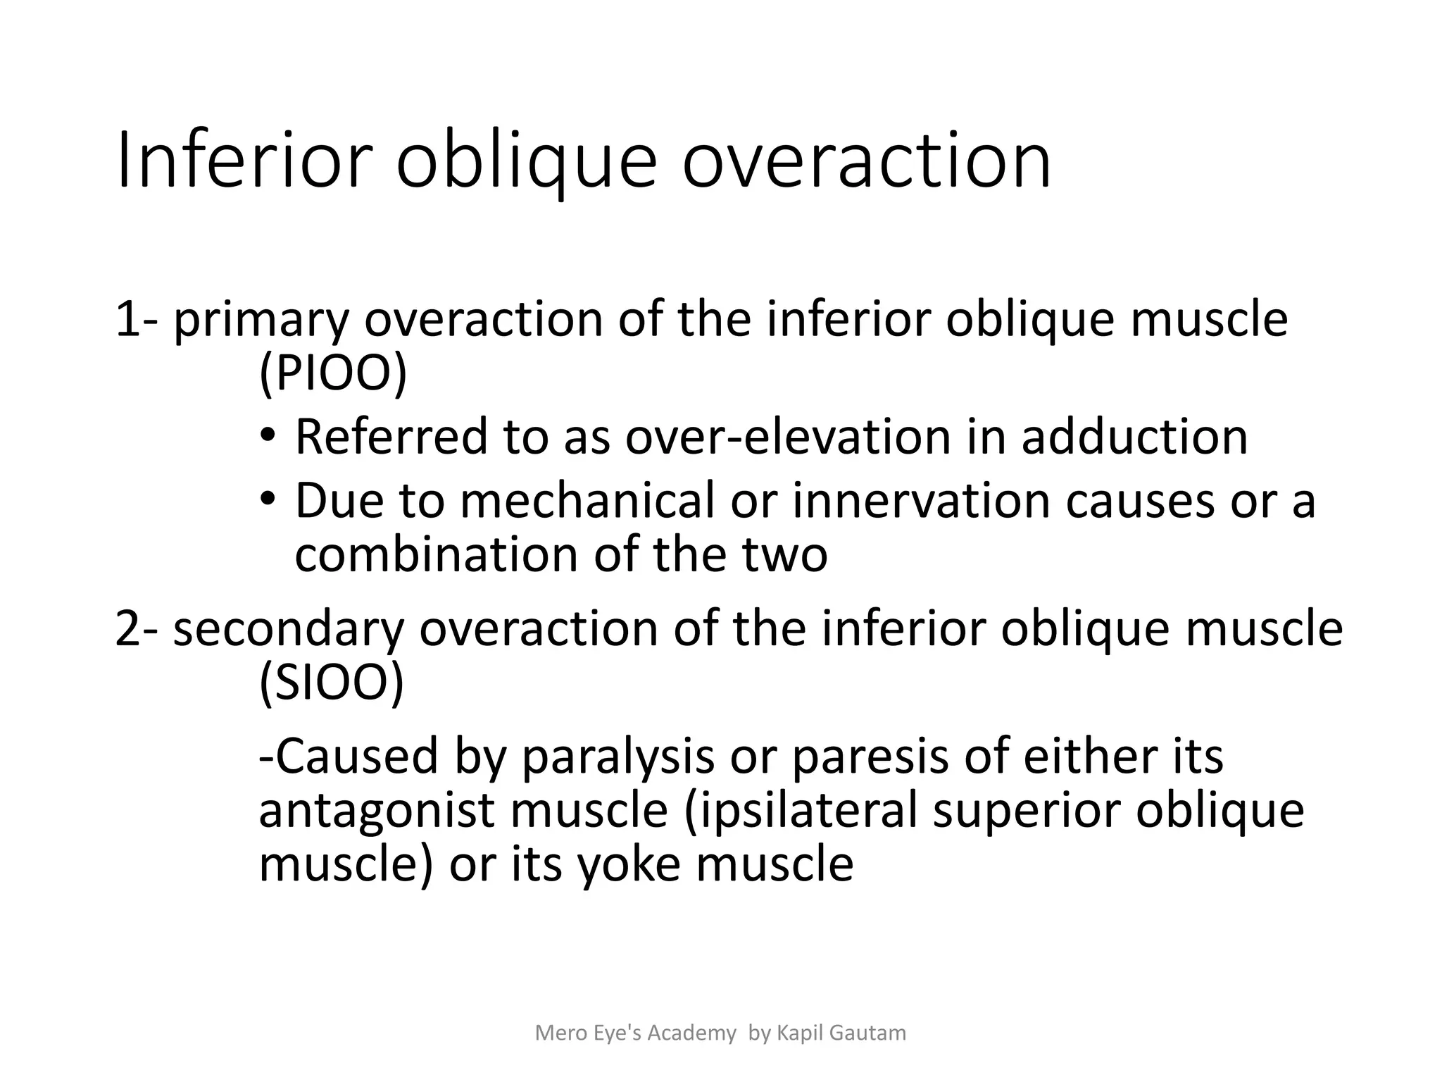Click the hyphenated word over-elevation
(788, 436)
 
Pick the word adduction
(1134, 436)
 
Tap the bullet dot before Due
(268, 498)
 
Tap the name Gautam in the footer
(867, 1033)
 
